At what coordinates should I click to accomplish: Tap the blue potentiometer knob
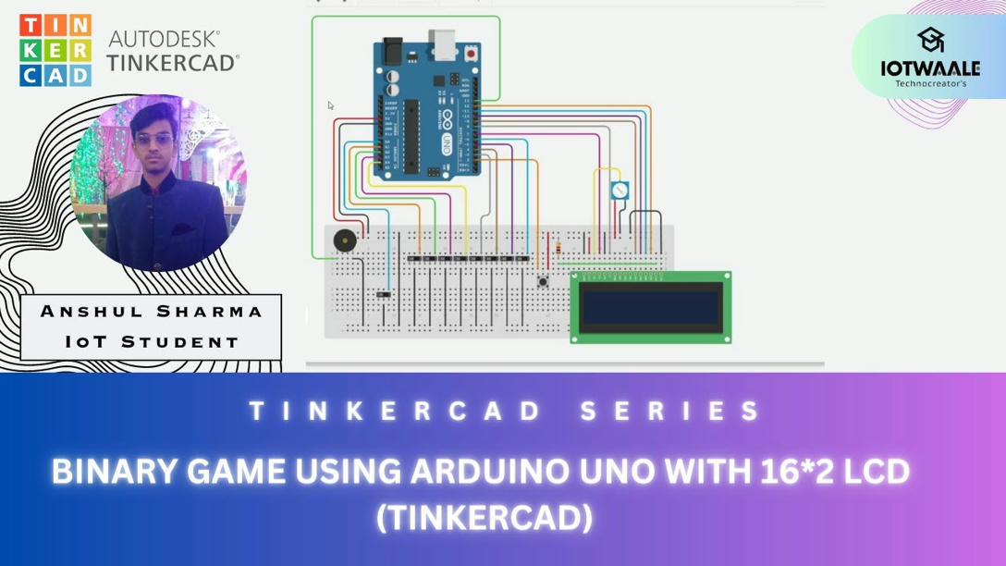(620, 191)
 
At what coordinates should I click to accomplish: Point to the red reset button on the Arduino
(472, 55)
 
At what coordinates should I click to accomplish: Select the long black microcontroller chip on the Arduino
(411, 135)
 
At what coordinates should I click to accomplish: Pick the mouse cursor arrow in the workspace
(331, 105)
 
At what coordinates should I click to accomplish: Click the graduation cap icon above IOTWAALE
(930, 39)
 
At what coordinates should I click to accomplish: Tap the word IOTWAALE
(929, 68)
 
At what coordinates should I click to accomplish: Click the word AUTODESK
(165, 39)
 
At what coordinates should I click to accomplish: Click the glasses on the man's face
(153, 139)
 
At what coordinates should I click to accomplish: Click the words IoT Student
(152, 341)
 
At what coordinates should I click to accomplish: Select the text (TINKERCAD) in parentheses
(484, 518)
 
